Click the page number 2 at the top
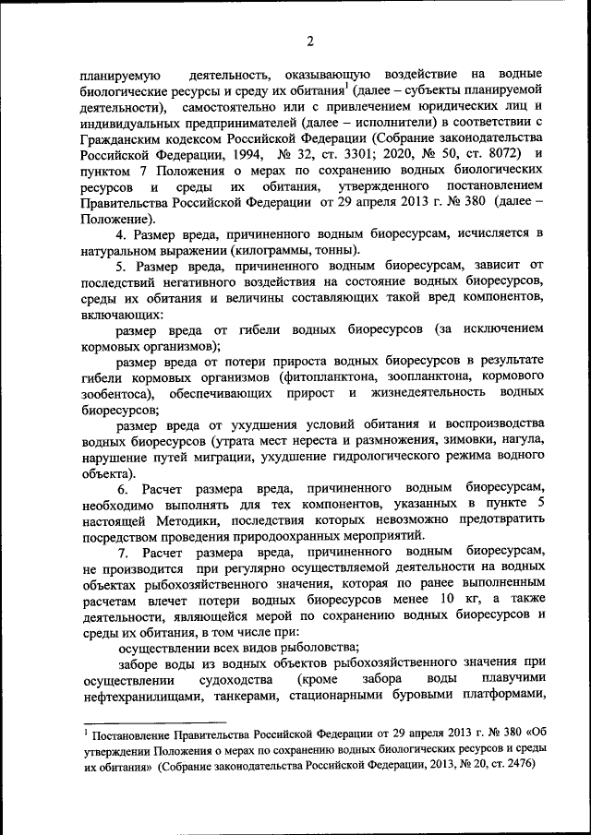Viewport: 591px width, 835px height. coord(310,41)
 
